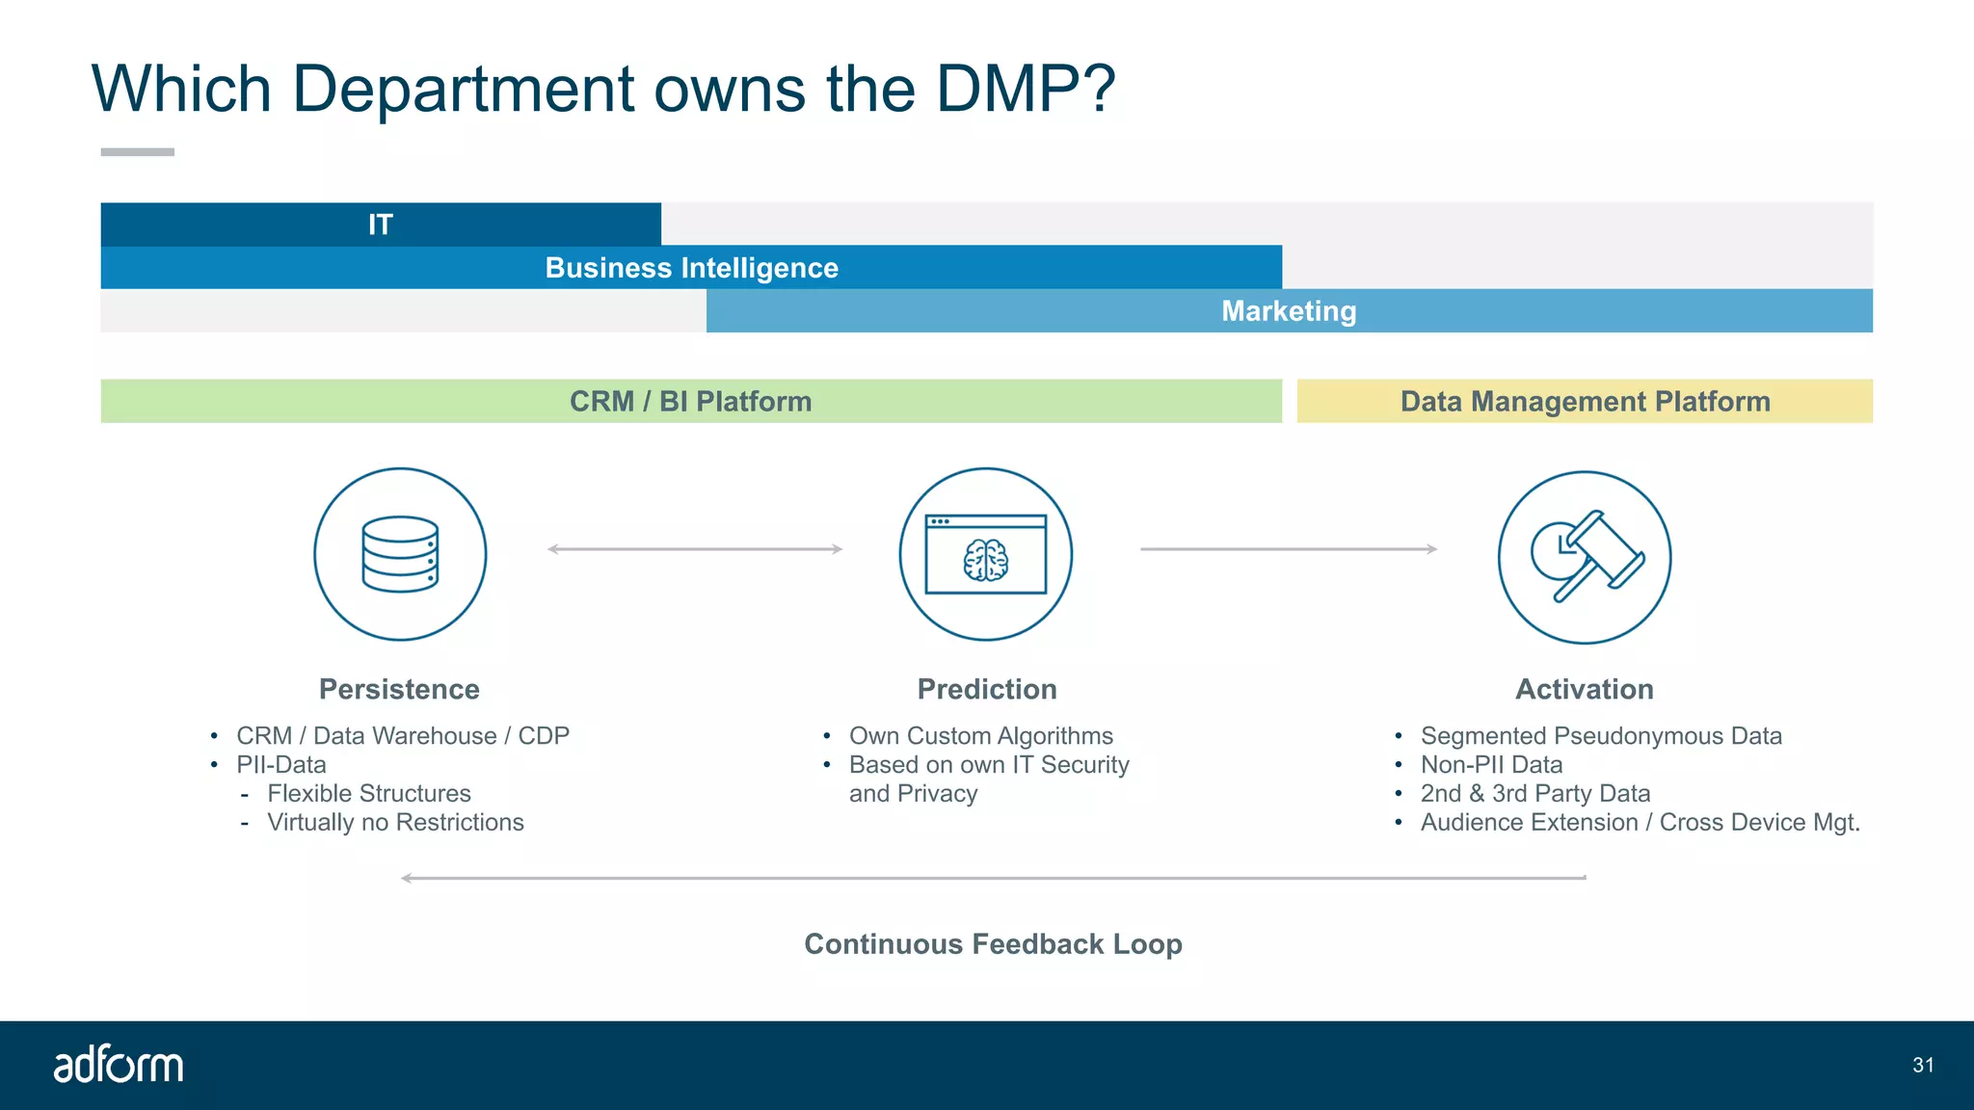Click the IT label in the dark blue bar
[381, 225]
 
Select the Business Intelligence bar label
[691, 268]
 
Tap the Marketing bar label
[1289, 311]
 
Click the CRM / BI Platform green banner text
[690, 402]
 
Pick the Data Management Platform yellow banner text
[1585, 402]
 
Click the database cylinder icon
[400, 554]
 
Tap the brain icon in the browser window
[985, 560]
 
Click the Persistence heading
[399, 690]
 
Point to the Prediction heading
[987, 690]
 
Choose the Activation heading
[1585, 690]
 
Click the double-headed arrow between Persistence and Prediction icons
[695, 549]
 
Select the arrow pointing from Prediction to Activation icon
[1289, 549]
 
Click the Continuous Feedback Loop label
[993, 944]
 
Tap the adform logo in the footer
[119, 1065]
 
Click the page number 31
[1923, 1066]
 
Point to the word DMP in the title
[1024, 90]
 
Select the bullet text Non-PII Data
[1491, 765]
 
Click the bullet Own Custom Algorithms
[980, 736]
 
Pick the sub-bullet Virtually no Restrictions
[395, 823]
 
